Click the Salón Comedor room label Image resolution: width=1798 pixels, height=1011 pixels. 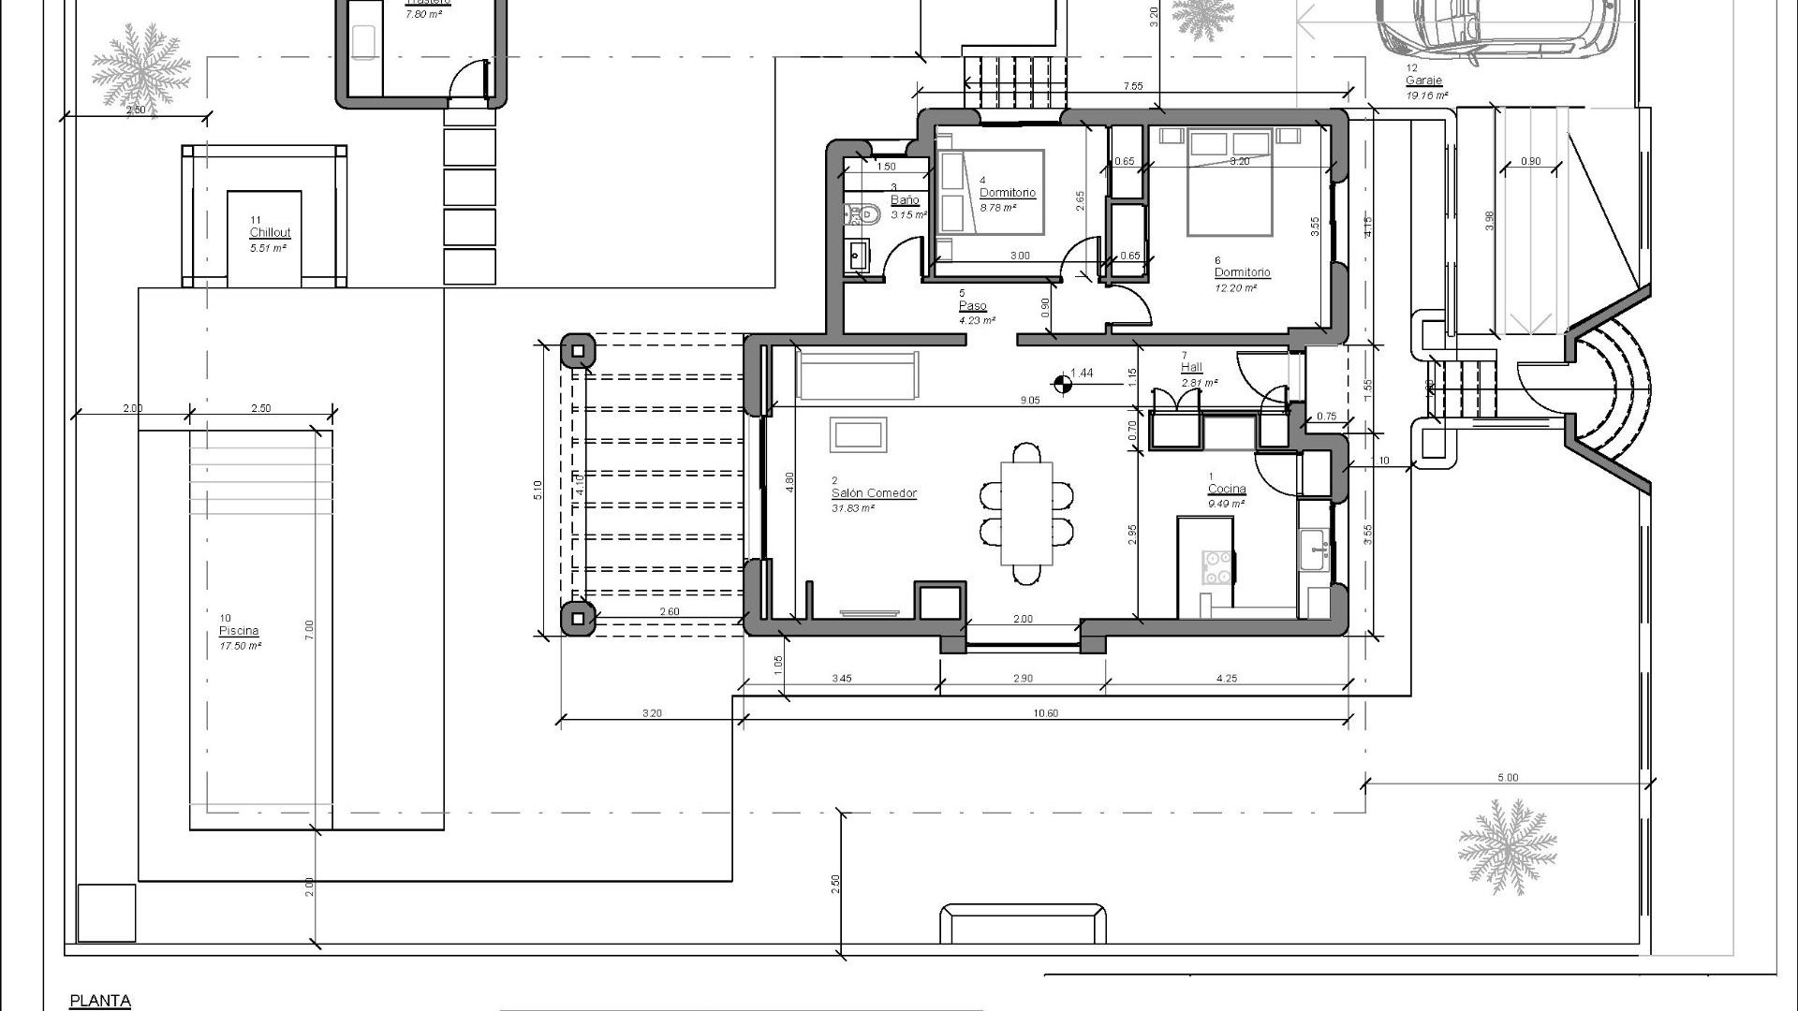(874, 493)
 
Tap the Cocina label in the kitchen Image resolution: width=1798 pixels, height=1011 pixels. (1226, 490)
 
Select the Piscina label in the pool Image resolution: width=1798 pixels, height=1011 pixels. (239, 631)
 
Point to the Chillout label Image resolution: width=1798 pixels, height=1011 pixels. (270, 233)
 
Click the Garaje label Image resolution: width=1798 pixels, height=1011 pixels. (1423, 81)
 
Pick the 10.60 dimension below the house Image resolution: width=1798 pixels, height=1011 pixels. (1045, 713)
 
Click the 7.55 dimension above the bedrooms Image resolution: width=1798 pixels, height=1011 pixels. (1132, 86)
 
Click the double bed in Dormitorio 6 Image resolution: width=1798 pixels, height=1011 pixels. (1230, 183)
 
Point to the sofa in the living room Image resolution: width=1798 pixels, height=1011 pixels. (857, 375)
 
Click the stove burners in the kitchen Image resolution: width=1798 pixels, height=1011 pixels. (1216, 567)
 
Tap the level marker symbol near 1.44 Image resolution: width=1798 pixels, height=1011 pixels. (1062, 383)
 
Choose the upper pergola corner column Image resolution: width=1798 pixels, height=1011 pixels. (578, 352)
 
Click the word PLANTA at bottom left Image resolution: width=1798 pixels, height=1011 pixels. (100, 1001)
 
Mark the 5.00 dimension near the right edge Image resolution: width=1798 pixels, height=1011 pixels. (1508, 778)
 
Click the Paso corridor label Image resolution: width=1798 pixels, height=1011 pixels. (973, 306)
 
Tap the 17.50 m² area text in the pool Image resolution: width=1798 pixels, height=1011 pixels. (240, 646)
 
